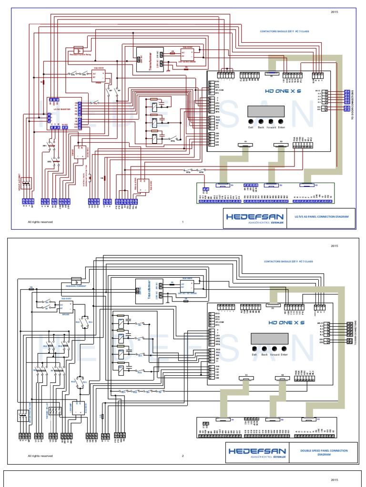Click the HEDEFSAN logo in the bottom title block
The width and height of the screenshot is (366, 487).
coord(257,452)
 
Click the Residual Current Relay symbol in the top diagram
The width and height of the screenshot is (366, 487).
coord(79,49)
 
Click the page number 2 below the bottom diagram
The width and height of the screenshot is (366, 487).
coord(183,456)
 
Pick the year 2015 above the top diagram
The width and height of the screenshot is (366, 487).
coord(334,11)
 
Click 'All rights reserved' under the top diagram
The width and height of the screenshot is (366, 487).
coord(40,222)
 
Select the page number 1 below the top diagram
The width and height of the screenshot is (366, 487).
coord(183,222)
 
